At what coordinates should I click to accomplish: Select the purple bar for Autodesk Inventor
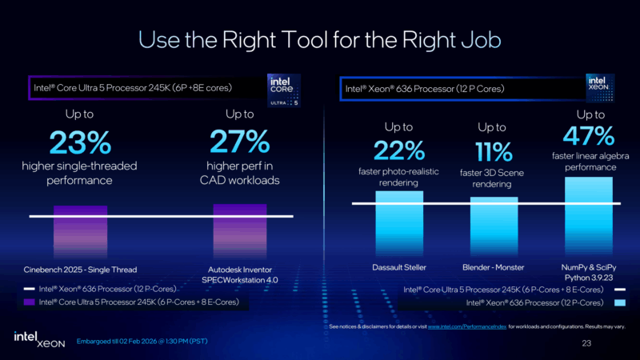(240, 229)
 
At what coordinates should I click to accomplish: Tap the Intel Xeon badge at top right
(600, 90)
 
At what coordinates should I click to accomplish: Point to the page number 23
(586, 342)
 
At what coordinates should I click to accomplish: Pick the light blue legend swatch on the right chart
(618, 303)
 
